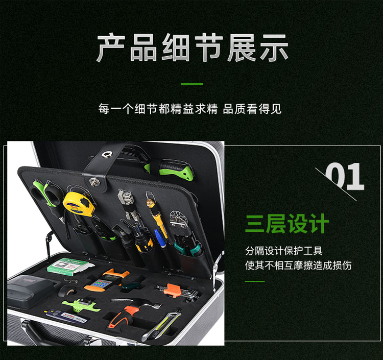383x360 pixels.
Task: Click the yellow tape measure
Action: click(x=79, y=204)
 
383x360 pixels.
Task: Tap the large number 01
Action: click(x=345, y=177)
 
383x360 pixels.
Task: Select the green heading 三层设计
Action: click(x=287, y=223)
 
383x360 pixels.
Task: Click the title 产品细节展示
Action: click(x=193, y=47)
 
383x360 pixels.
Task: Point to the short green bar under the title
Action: click(x=192, y=84)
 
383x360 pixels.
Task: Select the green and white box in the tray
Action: click(x=69, y=267)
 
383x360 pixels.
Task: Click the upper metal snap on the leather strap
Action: click(x=107, y=154)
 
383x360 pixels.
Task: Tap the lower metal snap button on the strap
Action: click(x=94, y=182)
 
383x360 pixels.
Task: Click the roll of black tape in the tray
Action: click(x=66, y=291)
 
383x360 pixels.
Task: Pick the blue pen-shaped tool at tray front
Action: click(x=65, y=316)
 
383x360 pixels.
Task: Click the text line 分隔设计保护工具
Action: click(x=283, y=251)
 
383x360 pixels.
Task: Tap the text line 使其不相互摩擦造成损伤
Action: click(x=298, y=265)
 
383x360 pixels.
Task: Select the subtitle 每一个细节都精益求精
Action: click(x=158, y=109)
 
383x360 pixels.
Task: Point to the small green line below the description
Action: click(x=255, y=281)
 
